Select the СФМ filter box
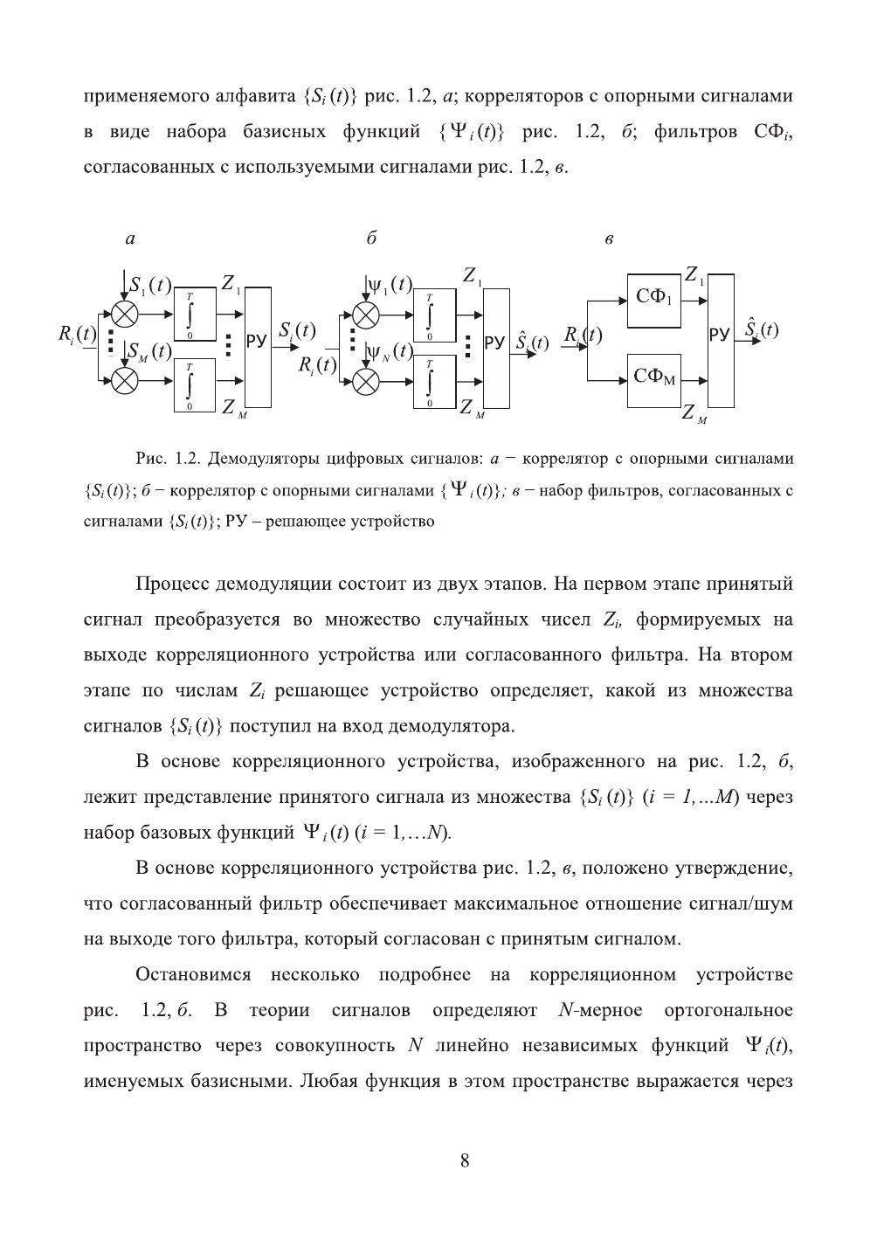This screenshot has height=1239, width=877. (x=654, y=380)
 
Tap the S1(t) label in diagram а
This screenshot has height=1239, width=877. (x=149, y=285)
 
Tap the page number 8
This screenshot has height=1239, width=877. (x=465, y=1160)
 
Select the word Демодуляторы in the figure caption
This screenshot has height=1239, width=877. (x=261, y=459)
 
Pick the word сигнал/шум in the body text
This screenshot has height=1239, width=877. (x=746, y=903)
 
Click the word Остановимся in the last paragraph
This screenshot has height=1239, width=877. (x=193, y=974)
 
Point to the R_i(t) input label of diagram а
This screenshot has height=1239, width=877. (x=77, y=334)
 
